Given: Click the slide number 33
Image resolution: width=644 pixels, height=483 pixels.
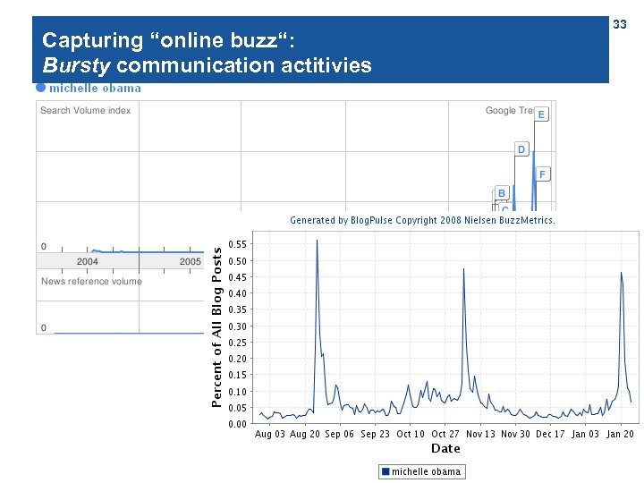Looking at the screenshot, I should tap(619, 25).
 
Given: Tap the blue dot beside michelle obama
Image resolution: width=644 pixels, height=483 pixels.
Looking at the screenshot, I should tap(40, 88).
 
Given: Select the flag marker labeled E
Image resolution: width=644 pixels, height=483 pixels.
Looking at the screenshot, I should tap(541, 114).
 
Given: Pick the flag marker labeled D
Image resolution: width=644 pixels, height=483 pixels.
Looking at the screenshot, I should tap(521, 148).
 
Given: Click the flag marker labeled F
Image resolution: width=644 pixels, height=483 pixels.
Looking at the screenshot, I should tap(542, 174).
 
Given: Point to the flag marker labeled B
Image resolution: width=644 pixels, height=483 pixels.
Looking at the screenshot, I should tap(502, 193).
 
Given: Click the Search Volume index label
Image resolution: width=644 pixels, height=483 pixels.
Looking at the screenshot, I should tap(86, 111).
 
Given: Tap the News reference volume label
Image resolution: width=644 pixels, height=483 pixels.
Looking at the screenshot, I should tap(91, 281).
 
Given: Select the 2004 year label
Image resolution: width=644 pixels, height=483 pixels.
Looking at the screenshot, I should tap(88, 261).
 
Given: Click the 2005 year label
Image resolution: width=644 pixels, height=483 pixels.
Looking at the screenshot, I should tap(191, 261).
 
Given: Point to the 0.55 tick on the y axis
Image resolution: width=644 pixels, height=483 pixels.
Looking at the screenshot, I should tap(238, 244).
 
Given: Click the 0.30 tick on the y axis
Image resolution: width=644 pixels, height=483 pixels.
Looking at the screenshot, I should tap(238, 326).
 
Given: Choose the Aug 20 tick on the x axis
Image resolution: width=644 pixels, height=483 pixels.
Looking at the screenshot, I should tap(306, 435).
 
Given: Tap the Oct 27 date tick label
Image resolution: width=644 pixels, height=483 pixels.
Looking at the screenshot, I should tap(445, 435).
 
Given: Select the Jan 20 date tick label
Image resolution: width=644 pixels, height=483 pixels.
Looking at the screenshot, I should tap(621, 435).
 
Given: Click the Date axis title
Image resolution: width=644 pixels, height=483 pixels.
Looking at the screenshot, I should tap(445, 448).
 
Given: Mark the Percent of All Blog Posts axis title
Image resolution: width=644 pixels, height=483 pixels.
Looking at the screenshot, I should tap(216, 328).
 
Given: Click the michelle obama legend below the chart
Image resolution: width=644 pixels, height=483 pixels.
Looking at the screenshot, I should tap(422, 471).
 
